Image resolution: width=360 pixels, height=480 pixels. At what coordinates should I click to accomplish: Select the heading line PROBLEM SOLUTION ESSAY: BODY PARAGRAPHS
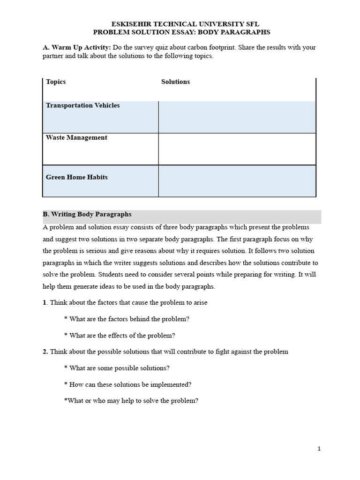(181, 32)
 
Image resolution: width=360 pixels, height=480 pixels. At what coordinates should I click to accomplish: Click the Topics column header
(56, 82)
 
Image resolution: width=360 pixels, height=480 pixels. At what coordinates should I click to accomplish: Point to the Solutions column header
(175, 82)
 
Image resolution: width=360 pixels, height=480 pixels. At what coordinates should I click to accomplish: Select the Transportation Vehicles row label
(82, 105)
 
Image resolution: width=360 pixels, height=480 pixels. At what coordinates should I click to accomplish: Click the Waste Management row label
(76, 137)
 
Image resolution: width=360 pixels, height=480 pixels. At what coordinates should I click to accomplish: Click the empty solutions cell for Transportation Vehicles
(237, 117)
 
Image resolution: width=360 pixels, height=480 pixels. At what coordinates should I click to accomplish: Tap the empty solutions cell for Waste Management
(237, 149)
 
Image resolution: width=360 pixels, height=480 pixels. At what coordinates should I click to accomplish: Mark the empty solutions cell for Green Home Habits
(237, 181)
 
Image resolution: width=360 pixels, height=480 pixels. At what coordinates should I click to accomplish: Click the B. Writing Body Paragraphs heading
(87, 214)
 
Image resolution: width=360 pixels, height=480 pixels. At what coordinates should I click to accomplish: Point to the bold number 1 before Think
(45, 302)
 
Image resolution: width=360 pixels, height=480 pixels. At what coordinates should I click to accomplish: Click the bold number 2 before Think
(45, 352)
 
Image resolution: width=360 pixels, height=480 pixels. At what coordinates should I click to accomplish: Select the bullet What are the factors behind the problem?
(127, 319)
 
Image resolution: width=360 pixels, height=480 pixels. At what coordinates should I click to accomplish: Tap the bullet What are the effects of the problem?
(120, 336)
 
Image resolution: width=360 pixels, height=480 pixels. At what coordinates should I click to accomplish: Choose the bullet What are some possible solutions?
(117, 368)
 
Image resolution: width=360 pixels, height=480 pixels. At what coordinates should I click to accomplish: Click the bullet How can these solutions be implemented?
(127, 384)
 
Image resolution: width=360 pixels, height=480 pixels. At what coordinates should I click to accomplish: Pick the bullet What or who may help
(131, 401)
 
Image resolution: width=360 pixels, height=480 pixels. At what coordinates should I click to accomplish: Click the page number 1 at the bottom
(319, 449)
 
